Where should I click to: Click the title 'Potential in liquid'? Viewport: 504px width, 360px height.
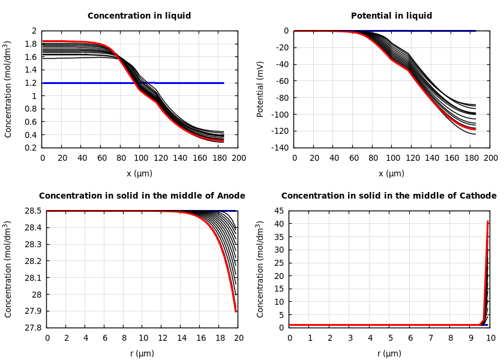tap(391, 16)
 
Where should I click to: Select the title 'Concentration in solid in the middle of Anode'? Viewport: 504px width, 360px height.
tap(142, 196)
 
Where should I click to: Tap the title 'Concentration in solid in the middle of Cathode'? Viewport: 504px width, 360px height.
tap(389, 196)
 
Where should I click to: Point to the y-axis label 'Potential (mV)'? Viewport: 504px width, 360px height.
tap(260, 89)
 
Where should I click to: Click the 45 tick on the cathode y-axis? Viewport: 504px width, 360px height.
tap(279, 211)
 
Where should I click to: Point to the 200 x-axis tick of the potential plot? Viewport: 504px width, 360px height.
tap(490, 158)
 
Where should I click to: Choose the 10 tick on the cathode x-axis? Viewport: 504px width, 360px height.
tap(491, 338)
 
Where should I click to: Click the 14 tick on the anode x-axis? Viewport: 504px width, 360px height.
tap(181, 338)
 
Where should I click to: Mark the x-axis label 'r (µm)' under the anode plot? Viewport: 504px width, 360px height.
tap(142, 353)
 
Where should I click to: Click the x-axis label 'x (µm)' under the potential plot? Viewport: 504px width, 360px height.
tap(391, 173)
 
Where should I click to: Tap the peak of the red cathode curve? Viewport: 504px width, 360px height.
tap(488, 221)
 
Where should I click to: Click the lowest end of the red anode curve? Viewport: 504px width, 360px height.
tap(236, 311)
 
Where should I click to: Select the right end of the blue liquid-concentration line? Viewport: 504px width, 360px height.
tap(223, 83)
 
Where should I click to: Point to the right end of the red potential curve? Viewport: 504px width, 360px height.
tap(475, 129)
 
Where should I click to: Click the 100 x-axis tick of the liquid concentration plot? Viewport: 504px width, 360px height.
tap(140, 158)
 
